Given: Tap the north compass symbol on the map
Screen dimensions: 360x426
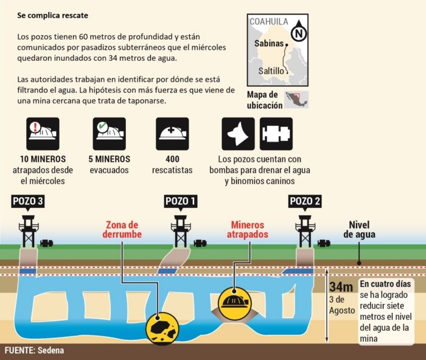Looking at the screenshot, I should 298,32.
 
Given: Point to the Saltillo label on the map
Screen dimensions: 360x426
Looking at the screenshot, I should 271,71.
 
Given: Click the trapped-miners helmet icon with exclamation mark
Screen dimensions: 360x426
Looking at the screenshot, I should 42,134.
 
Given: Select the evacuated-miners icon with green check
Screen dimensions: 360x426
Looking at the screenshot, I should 110,134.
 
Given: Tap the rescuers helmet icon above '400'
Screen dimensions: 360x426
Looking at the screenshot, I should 172,134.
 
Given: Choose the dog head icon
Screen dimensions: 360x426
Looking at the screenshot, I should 238,134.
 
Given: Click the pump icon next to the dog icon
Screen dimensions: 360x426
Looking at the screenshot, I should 276,134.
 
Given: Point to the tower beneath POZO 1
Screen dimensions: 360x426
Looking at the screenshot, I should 181,230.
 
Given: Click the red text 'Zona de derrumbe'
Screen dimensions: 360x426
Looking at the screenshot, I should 122,230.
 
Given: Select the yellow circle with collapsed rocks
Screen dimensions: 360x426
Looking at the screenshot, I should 162,329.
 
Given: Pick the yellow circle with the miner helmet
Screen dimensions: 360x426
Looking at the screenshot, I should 234,300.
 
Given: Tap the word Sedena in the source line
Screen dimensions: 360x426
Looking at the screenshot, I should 53,351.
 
